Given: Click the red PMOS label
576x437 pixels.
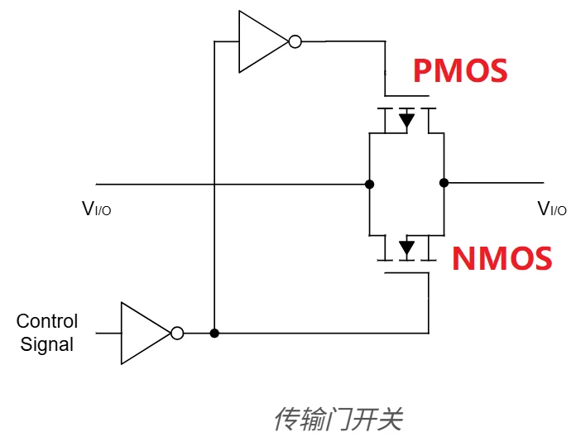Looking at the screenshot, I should [459, 70].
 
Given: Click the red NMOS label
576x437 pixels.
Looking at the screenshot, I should [502, 259].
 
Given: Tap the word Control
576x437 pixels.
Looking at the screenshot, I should [47, 321].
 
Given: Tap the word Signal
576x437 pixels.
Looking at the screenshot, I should [47, 344].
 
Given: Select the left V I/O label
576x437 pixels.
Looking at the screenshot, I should [96, 209].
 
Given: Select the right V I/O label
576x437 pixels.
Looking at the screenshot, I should [552, 209].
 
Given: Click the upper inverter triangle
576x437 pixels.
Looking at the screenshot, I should [259, 41].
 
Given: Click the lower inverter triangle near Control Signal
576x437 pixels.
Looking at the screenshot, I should [142, 334].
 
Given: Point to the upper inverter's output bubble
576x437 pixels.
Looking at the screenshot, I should [294, 41].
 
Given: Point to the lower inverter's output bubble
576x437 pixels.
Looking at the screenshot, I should [177, 334].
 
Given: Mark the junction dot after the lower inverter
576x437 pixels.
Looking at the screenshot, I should [214, 334].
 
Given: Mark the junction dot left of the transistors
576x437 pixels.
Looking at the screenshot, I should [368, 183].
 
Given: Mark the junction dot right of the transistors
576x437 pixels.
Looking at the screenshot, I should [444, 183].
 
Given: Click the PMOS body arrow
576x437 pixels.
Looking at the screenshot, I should [406, 121].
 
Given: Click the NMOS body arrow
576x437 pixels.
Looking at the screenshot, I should [406, 247].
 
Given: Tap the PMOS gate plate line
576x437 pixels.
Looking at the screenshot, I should [406, 95].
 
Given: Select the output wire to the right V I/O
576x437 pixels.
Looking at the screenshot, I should [497, 183].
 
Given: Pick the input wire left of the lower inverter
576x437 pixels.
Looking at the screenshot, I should [108, 334].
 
